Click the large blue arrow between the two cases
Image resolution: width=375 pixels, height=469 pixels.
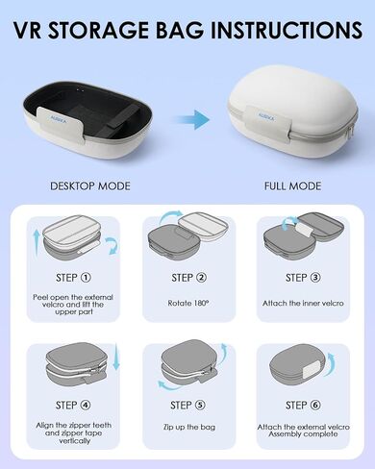pos(192,119)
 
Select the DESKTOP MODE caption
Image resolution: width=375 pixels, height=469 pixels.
pos(90,185)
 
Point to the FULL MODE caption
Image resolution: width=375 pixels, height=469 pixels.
pos(292,185)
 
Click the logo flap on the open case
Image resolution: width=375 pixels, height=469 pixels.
pos(61,121)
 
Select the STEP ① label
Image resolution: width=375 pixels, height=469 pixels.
pos(73,278)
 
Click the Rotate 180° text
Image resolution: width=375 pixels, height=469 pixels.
pos(188,303)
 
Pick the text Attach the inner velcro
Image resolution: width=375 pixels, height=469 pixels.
pos(303,303)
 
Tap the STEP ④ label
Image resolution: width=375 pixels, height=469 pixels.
pos(73,405)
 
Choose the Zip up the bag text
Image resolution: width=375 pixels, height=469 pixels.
pos(189,427)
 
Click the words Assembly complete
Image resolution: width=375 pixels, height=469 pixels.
pos(303,434)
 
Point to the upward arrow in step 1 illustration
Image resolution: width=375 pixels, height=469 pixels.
pos(37,242)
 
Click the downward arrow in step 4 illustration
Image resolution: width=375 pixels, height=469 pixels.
pos(116,357)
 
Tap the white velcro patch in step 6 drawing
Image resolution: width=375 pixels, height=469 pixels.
pos(312,368)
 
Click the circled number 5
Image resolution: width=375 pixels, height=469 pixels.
pos(200,405)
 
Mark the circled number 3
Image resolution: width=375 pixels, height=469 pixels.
pos(315,278)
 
